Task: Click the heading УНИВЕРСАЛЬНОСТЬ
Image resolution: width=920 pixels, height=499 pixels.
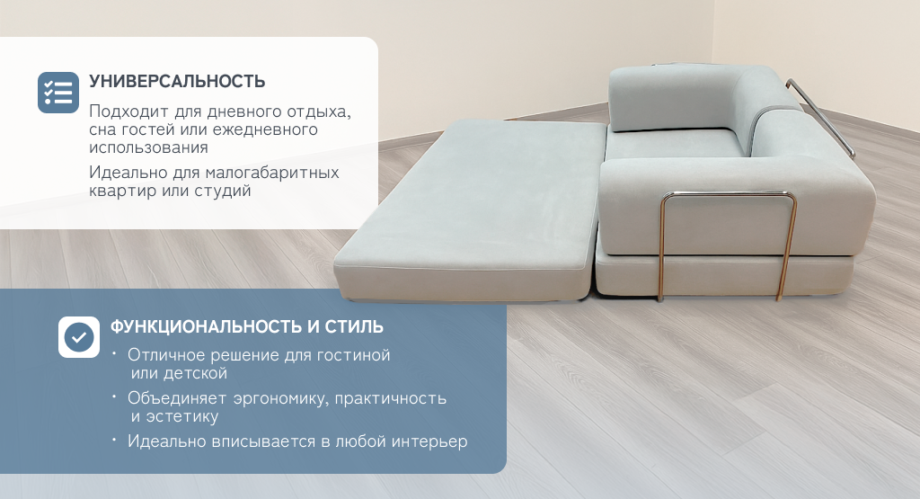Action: [177, 81]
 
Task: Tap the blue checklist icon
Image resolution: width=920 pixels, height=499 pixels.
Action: [58, 93]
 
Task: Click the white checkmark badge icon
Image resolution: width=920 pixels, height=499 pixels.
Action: [79, 337]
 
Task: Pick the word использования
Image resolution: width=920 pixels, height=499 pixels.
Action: [148, 147]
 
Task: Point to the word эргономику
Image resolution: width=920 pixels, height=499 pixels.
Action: [281, 398]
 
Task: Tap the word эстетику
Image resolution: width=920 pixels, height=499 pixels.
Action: [181, 417]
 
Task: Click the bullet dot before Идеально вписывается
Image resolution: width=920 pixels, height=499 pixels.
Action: [115, 437]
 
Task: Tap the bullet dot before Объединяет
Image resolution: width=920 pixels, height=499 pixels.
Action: [115, 397]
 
